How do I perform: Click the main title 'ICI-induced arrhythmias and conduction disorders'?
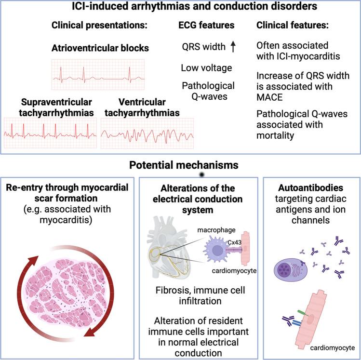click(x=180, y=7)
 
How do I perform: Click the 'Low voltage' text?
click(x=207, y=68)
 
